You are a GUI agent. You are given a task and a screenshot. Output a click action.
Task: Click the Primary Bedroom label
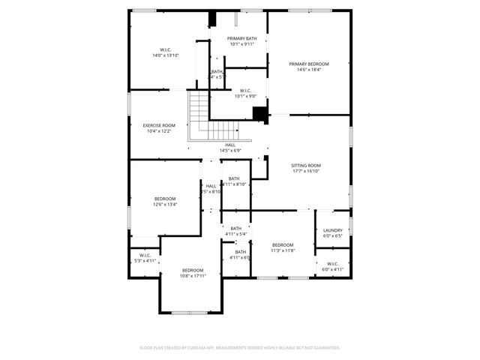[x=309, y=64]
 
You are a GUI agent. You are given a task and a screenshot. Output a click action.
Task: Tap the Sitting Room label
[x=306, y=165]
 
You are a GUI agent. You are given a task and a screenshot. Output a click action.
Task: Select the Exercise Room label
[x=159, y=125]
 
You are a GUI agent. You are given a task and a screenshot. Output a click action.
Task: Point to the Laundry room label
[x=333, y=230]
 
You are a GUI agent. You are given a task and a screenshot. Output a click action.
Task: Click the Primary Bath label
[x=242, y=38]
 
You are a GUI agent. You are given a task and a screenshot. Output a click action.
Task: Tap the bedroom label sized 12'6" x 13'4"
[x=164, y=199]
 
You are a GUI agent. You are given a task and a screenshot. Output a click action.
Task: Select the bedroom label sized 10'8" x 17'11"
[x=192, y=270]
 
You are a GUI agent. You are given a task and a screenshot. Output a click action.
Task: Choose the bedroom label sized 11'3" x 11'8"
[x=283, y=245]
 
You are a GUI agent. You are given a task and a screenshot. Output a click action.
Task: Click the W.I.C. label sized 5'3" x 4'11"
[x=145, y=255]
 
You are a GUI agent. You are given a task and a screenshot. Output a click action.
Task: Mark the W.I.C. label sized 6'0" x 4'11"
[x=333, y=263]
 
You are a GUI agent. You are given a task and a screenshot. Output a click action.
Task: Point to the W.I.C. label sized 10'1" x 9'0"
[x=245, y=91]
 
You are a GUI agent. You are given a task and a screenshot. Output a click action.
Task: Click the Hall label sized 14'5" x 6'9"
[x=230, y=145]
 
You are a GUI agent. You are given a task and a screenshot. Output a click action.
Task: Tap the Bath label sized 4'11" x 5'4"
[x=236, y=229]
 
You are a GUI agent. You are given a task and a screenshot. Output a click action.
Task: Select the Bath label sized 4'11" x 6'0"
[x=241, y=252]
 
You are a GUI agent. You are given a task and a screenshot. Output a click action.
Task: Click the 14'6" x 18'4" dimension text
[x=309, y=70]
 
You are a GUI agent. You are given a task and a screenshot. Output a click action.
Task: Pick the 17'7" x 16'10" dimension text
[x=306, y=171]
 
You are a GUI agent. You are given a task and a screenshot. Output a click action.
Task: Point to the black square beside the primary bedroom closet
[x=260, y=113]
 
